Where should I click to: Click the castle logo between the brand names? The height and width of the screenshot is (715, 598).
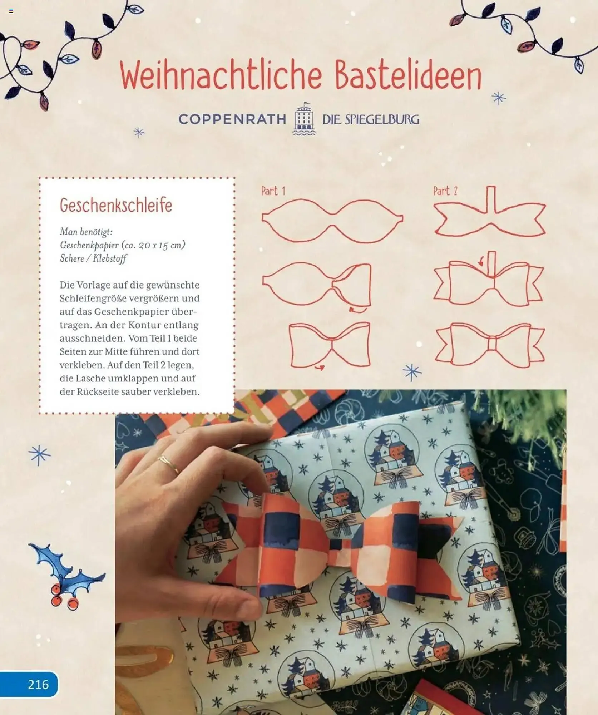click(x=304, y=119)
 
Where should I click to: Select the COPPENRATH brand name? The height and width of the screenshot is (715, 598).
click(x=232, y=119)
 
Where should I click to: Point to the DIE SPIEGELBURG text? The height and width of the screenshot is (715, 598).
click(x=371, y=119)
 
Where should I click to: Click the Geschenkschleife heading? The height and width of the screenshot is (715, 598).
click(x=116, y=205)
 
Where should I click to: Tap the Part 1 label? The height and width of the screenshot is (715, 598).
click(x=273, y=191)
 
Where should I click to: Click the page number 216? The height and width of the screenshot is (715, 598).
click(x=38, y=685)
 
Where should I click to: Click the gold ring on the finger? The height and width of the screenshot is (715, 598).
click(x=168, y=464)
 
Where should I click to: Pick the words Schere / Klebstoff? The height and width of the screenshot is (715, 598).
click(x=93, y=258)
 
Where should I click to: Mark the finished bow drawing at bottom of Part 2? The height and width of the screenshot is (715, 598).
click(x=490, y=345)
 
